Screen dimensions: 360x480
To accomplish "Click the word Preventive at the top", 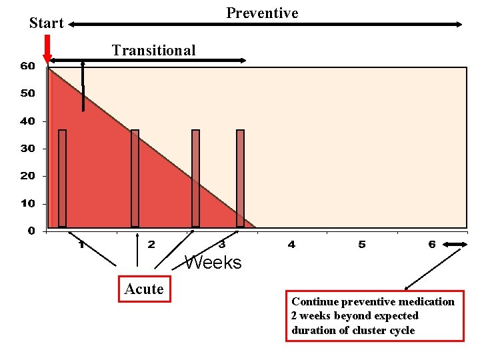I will click(x=262, y=13).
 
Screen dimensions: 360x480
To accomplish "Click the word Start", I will click(x=46, y=23).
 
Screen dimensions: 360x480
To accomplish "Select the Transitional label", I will click(x=153, y=50).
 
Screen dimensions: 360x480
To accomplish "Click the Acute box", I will click(x=145, y=289).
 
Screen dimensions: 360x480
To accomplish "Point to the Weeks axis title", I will click(x=213, y=263).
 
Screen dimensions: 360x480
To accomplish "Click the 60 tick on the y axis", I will click(x=27, y=66).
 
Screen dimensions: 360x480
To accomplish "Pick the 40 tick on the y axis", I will click(x=27, y=121).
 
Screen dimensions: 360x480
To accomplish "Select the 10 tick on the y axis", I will click(x=27, y=203).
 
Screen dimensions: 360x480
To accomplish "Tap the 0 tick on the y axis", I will click(x=31, y=231).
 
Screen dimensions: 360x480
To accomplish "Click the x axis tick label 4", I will click(x=291, y=245).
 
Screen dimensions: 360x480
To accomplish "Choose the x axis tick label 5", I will click(x=361, y=245).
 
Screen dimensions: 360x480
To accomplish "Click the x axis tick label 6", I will click(x=432, y=245).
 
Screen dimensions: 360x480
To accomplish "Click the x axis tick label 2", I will click(x=151, y=245).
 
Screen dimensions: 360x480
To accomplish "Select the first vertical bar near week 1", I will click(x=62, y=178).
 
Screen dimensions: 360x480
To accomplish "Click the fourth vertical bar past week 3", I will click(x=240, y=178).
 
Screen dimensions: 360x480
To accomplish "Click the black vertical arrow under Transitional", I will click(x=83, y=87).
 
